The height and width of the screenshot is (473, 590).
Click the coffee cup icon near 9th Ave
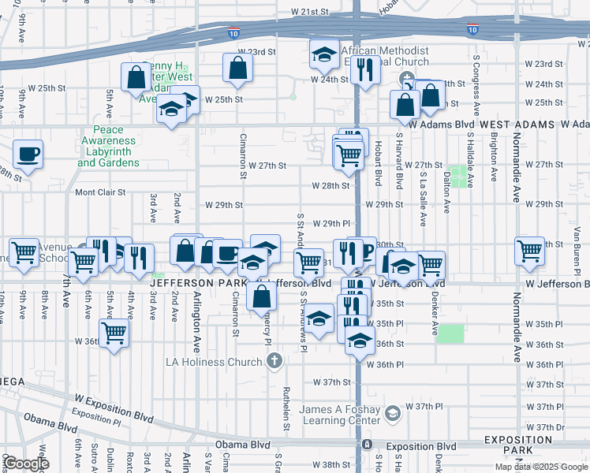(28, 154)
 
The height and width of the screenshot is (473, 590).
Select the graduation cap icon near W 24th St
(323, 54)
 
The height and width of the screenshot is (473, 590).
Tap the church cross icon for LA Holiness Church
(274, 362)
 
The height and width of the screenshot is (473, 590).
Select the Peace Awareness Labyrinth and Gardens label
(108, 146)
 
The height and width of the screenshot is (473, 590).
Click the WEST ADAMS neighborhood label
(517, 125)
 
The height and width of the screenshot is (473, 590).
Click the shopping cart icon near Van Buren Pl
(529, 251)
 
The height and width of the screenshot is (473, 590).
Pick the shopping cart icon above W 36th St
(114, 331)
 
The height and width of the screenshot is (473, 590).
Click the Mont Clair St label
(100, 192)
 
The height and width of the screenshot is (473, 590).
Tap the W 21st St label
(309, 13)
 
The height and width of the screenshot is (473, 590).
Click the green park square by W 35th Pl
(450, 333)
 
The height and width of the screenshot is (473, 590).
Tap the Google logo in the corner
(27, 464)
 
